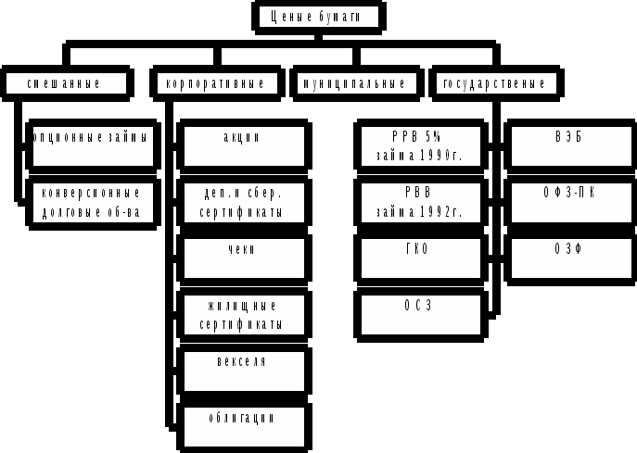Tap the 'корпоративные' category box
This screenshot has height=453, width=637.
click(215, 83)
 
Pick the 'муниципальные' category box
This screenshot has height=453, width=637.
click(353, 83)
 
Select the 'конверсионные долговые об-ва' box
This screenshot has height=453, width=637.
click(92, 203)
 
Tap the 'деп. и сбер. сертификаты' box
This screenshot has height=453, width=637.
click(243, 203)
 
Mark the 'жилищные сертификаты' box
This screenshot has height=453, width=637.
click(243, 315)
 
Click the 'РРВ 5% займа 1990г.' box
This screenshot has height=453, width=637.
click(420, 145)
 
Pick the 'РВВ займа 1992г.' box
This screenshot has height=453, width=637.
click(420, 203)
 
